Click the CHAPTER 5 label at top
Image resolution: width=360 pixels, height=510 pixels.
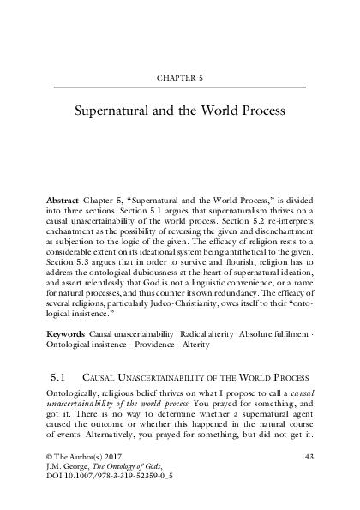[x=180, y=76]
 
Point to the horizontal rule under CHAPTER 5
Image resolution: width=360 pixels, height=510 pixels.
[x=180, y=88]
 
